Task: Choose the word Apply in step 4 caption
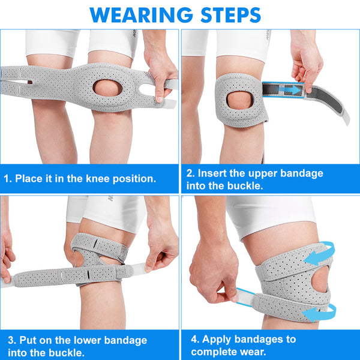click(x=215, y=339)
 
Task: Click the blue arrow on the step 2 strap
click(x=289, y=89)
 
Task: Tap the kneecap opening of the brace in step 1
click(x=107, y=88)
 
